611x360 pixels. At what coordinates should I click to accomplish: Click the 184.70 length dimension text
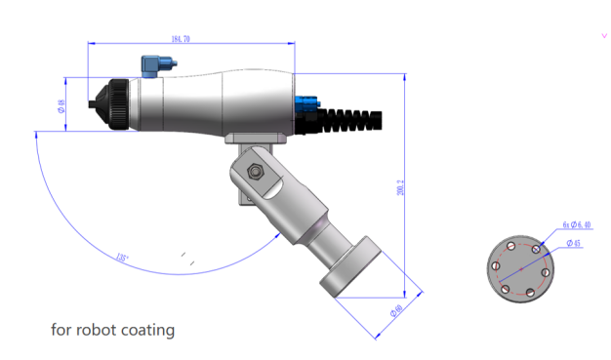click(x=180, y=39)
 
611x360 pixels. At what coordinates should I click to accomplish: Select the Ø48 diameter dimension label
click(x=61, y=105)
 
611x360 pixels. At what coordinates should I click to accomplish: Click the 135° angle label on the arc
click(x=121, y=259)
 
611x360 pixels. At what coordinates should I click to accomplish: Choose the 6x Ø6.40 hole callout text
click(x=577, y=224)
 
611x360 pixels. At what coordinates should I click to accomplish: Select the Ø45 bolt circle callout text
click(x=573, y=243)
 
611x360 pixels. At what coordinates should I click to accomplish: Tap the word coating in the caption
click(x=149, y=330)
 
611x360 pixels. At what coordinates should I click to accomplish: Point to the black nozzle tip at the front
click(x=95, y=100)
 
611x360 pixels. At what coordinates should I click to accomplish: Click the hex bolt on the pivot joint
click(x=256, y=173)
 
